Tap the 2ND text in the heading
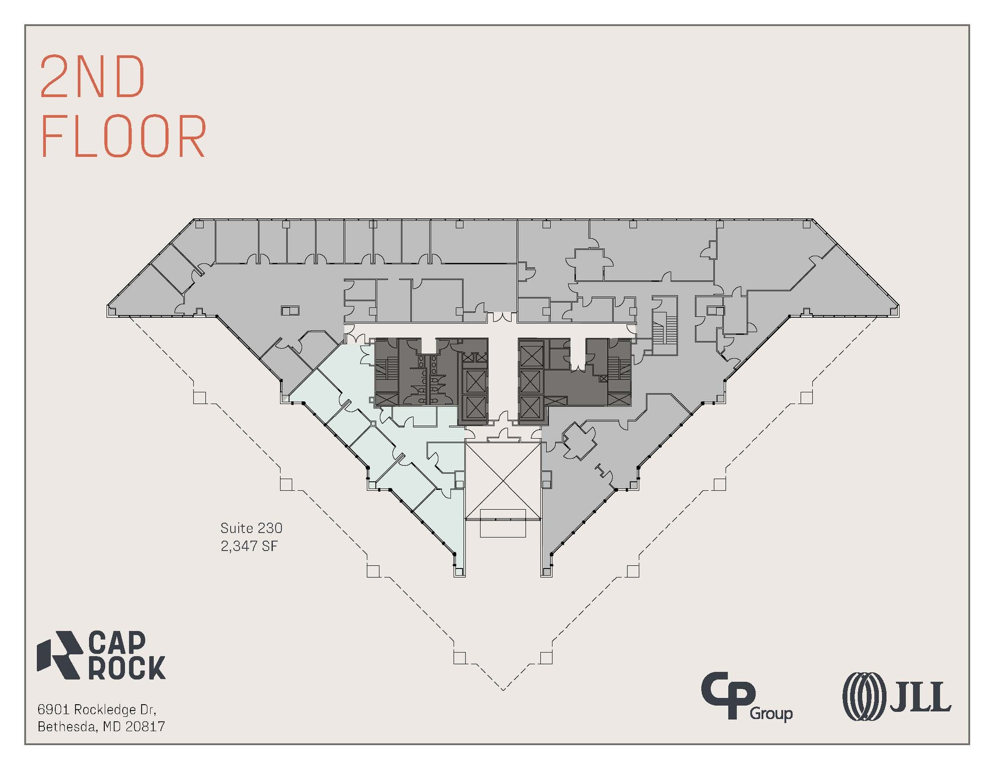pyautogui.click(x=92, y=77)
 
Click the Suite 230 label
pyautogui.click(x=251, y=528)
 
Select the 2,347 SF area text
pyautogui.click(x=249, y=546)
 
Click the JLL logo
pyautogui.click(x=897, y=696)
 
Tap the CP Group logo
pyautogui.click(x=747, y=696)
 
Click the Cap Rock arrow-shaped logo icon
pyautogui.click(x=59, y=655)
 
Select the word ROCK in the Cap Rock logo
pyautogui.click(x=127, y=668)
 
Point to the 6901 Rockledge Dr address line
pyautogui.click(x=97, y=710)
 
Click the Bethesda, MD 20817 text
pyautogui.click(x=101, y=726)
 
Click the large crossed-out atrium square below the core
pyautogui.click(x=503, y=481)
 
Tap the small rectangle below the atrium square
pyautogui.click(x=503, y=523)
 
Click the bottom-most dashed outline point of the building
pyautogui.click(x=503, y=690)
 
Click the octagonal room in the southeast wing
pyautogui.click(x=579, y=441)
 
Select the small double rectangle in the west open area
pyautogui.click(x=290, y=311)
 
